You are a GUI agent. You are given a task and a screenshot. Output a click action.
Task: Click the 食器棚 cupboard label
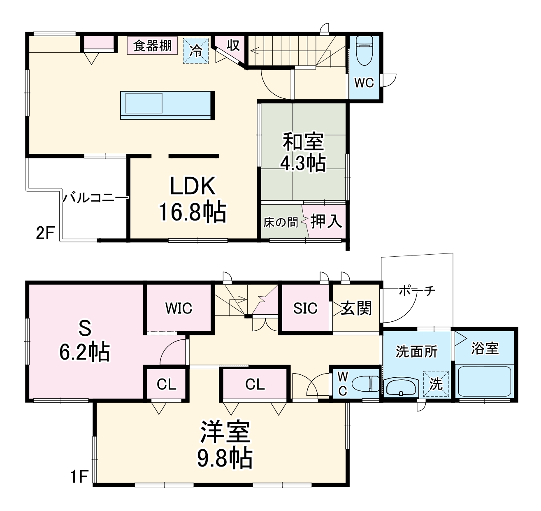152,46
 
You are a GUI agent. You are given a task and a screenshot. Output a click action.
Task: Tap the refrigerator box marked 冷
196,51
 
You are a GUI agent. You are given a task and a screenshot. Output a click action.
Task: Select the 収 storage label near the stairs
233,46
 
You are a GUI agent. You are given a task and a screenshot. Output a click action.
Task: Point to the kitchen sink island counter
167,105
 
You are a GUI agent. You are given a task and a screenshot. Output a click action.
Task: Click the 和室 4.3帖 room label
303,152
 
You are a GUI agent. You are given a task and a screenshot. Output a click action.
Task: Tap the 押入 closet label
326,221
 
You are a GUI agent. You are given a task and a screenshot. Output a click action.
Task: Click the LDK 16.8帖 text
193,200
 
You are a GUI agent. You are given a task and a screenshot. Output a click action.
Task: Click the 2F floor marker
45,233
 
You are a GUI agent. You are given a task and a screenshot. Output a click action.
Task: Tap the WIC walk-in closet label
179,308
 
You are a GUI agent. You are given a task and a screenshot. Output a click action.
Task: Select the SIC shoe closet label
305,308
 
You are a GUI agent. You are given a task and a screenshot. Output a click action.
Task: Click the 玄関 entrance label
356,308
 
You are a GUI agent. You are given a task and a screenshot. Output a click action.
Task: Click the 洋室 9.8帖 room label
225,444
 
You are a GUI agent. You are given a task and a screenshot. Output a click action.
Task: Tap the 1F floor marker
79,476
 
